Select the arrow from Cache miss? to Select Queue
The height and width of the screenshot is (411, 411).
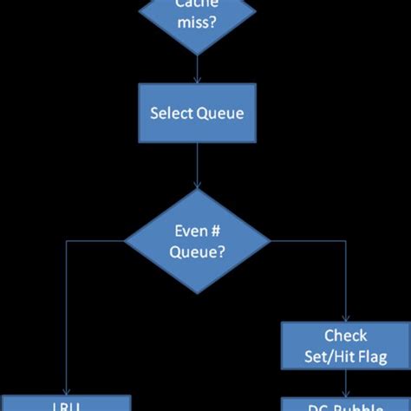point(198,67)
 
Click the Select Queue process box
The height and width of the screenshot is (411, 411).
point(198,113)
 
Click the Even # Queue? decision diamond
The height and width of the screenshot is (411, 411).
point(198,241)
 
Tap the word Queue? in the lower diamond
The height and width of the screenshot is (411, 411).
point(198,252)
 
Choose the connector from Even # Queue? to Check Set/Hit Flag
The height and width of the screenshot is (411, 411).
point(346,277)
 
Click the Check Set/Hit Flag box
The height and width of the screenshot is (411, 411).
point(345,345)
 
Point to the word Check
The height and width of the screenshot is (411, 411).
point(345,336)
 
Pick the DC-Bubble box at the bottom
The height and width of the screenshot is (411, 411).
point(345,404)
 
